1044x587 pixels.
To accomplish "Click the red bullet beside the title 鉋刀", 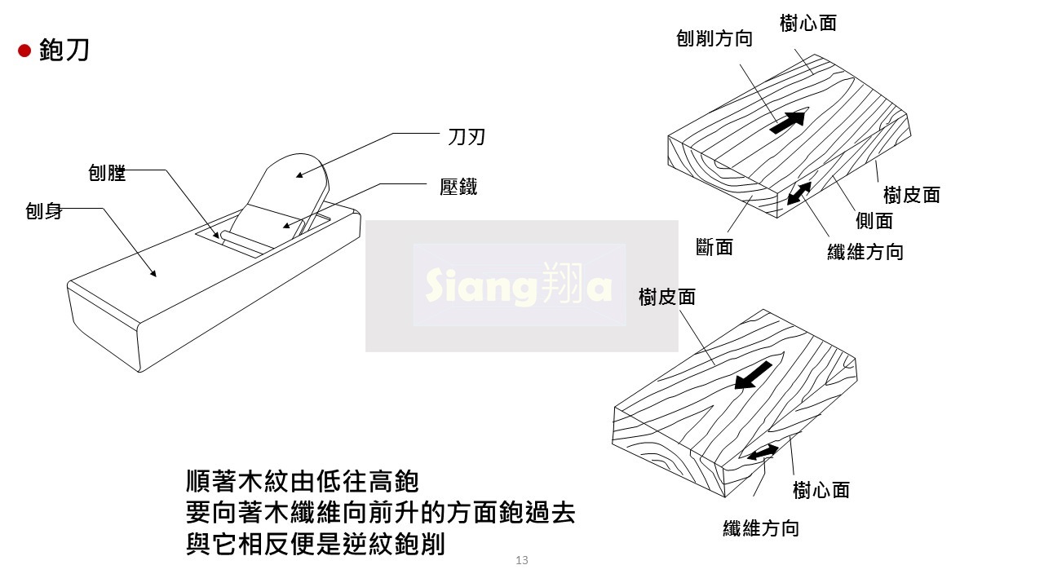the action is tap(24, 51).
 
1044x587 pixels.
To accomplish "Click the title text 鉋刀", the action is tap(64, 51).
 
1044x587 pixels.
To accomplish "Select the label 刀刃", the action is tap(467, 136).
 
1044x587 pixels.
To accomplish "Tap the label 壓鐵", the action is tap(458, 187).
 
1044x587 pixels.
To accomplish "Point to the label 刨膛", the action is tap(107, 172).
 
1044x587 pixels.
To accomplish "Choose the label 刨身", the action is tap(44, 212).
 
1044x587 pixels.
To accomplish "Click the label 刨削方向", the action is tap(714, 38).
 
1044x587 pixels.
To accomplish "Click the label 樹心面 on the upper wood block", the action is tap(807, 23).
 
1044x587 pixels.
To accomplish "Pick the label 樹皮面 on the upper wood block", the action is tap(912, 195).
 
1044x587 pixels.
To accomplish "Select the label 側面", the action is tap(874, 220).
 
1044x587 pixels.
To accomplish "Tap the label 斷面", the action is tap(714, 247).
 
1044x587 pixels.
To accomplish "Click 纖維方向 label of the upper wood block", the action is tap(865, 252).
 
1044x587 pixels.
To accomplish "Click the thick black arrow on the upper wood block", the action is tap(787, 122).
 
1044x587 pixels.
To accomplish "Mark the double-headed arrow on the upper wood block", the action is tap(799, 193).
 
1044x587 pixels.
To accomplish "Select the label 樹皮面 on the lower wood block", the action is tap(667, 297).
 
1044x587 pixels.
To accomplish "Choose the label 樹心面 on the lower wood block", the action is tap(821, 490).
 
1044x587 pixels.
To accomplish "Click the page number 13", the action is tap(522, 560).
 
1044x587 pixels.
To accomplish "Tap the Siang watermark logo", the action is tap(520, 285).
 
